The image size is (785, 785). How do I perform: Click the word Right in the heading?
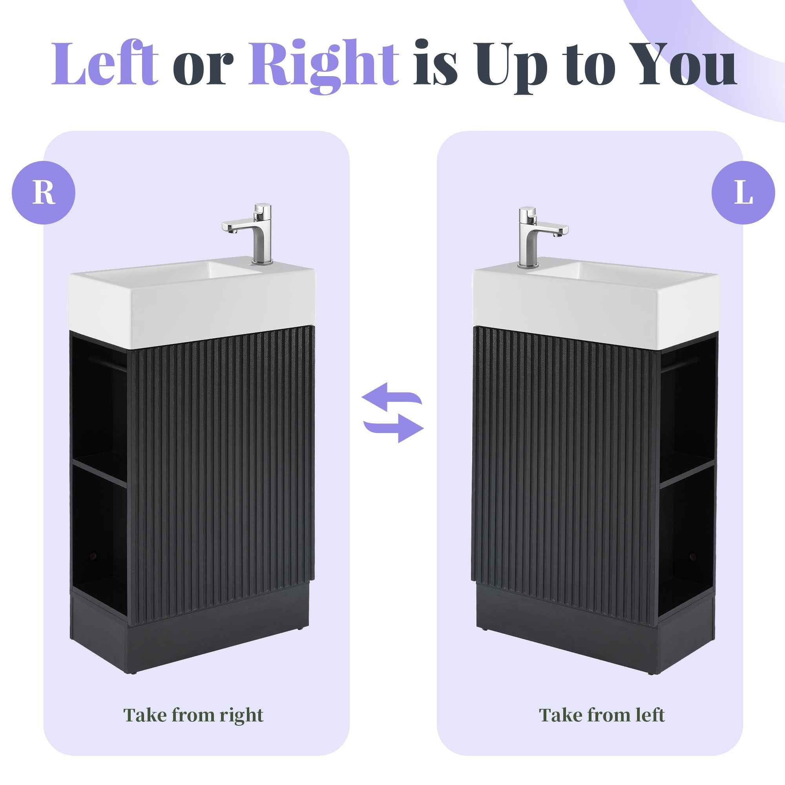[323, 65]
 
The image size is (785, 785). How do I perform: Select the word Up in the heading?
[518, 67]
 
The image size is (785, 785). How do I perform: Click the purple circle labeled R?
[44, 193]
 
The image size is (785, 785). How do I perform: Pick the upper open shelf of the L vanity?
[686, 406]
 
